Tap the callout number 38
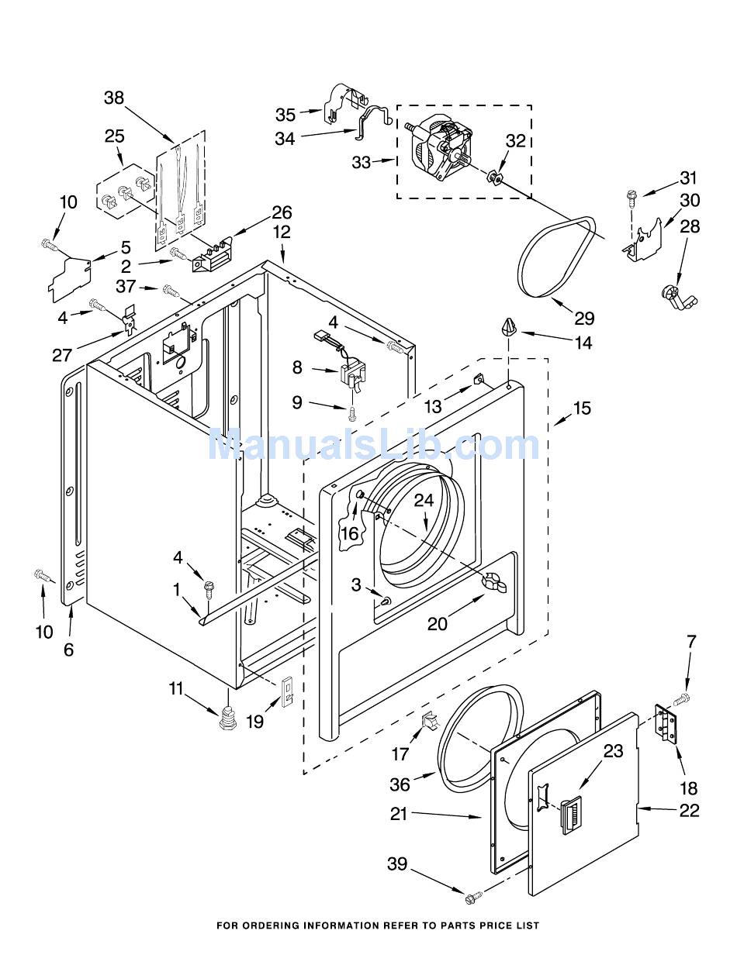(x=114, y=98)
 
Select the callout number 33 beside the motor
(x=361, y=163)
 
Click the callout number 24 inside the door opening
(x=423, y=501)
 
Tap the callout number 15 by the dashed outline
(x=581, y=408)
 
